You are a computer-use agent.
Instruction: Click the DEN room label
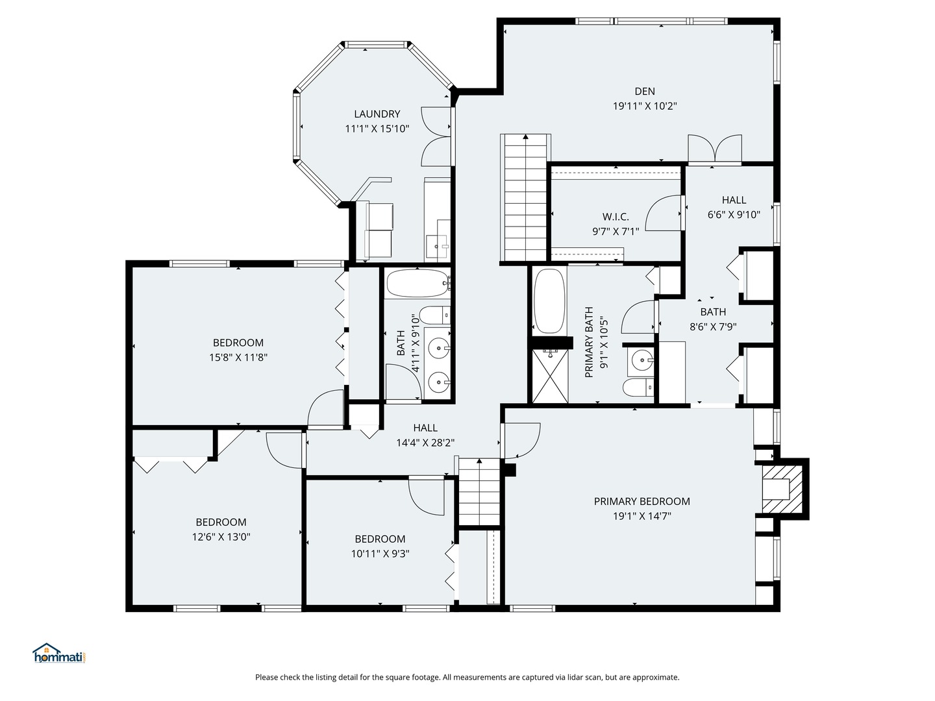pos(645,91)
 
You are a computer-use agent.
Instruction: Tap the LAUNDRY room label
pos(377,114)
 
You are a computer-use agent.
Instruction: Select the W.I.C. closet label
pos(616,217)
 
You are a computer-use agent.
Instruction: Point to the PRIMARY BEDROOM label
pos(642,501)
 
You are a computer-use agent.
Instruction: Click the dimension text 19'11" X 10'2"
pos(645,106)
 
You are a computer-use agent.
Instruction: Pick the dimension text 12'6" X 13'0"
pos(221,537)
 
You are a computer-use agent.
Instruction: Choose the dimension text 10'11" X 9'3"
pos(380,554)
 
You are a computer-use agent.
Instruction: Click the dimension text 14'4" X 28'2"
pos(425,443)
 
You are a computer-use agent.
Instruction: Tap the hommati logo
pos(60,654)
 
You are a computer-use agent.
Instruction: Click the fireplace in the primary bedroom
pos(782,489)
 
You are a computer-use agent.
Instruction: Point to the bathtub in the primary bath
pos(549,301)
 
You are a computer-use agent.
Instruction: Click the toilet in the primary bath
pos(638,387)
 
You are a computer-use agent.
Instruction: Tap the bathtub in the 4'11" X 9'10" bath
pos(418,283)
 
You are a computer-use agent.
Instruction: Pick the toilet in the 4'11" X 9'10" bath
pos(434,315)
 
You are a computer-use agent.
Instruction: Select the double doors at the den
pos(715,149)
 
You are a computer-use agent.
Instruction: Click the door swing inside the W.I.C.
pos(663,213)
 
